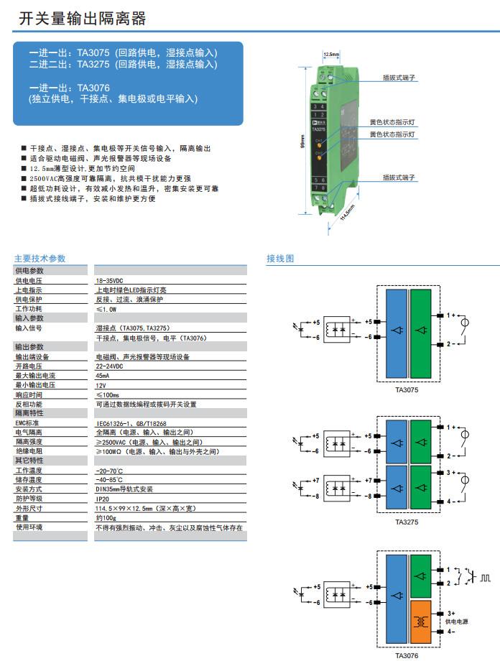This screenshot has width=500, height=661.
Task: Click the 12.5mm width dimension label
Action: click(x=331, y=54)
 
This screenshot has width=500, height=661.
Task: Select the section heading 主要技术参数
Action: click(x=40, y=259)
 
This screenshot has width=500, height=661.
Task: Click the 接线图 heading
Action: click(x=279, y=259)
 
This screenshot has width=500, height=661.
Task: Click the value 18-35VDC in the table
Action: click(x=109, y=281)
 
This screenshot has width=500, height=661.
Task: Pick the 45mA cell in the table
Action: click(x=103, y=376)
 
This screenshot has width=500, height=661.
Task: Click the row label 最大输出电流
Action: click(x=35, y=376)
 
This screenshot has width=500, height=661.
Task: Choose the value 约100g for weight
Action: click(x=106, y=517)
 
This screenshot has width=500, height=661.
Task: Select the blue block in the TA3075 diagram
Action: click(x=396, y=331)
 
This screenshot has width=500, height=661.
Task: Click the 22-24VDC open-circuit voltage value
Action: click(x=109, y=366)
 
